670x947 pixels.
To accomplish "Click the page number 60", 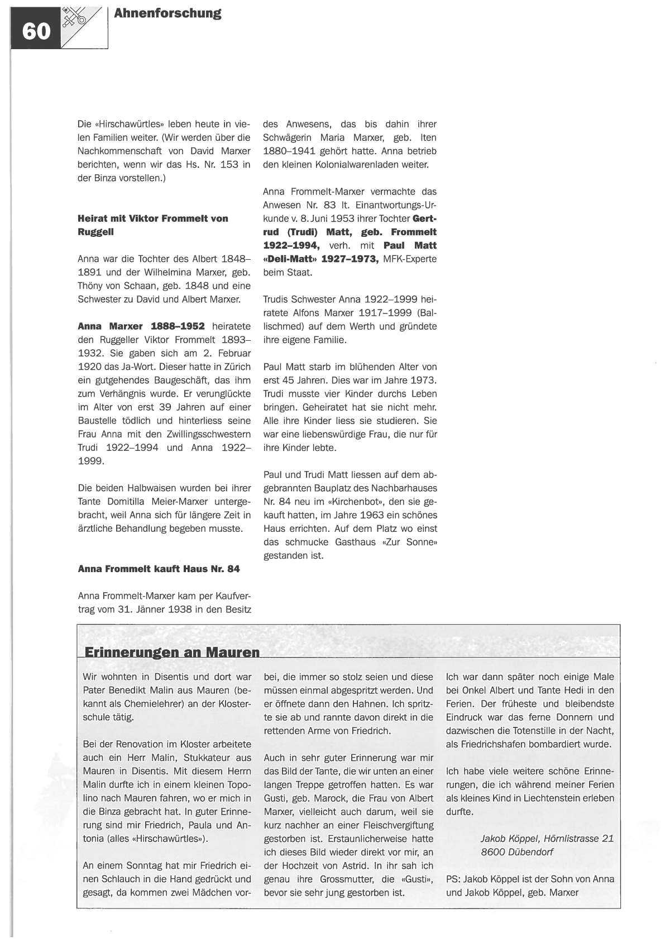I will click(36, 32).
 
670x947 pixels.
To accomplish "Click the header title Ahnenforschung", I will click(167, 13).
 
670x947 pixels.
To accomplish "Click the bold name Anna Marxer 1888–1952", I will click(141, 326).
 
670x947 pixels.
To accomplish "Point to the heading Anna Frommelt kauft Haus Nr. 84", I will click(159, 569).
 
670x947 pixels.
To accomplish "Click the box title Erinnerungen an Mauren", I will click(172, 652).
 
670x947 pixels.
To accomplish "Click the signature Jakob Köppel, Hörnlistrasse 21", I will click(547, 839).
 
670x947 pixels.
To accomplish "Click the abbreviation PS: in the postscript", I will click(453, 879).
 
